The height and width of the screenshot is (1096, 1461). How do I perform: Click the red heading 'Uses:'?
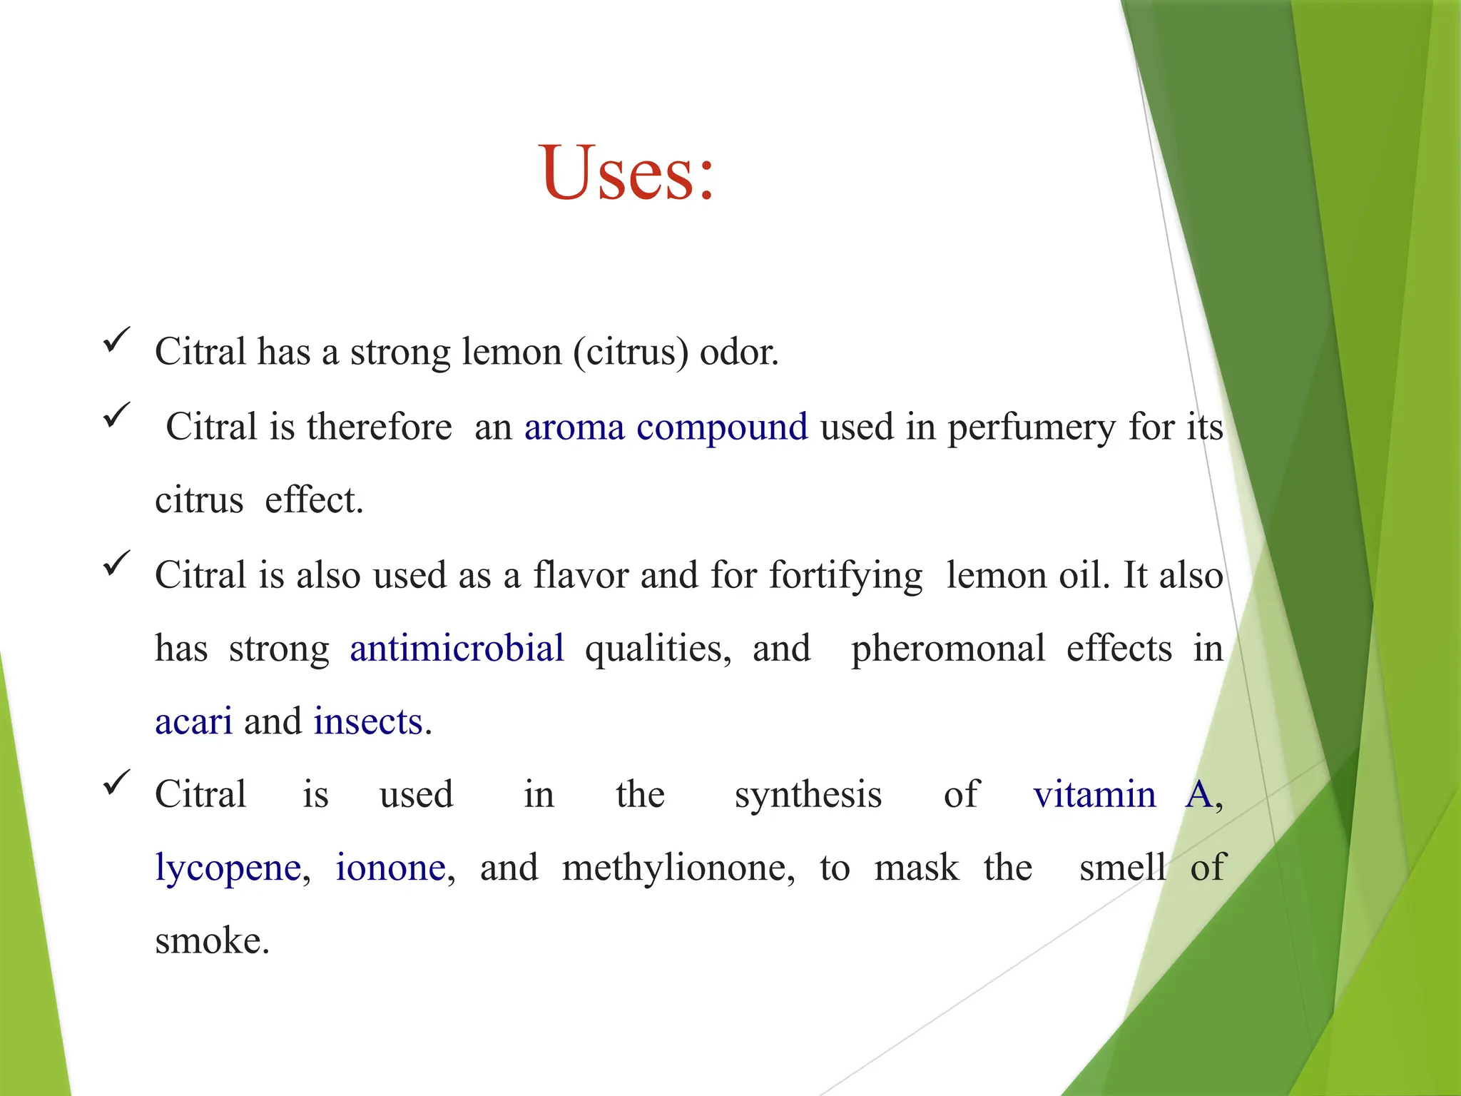(x=626, y=173)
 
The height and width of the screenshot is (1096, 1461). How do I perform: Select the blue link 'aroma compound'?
(x=666, y=427)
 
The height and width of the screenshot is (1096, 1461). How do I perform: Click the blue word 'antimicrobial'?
(x=457, y=648)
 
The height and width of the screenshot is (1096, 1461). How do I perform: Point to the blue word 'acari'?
(x=193, y=721)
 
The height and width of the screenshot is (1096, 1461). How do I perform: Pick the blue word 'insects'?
(x=368, y=721)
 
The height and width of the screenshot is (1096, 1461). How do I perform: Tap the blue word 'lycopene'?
(x=228, y=868)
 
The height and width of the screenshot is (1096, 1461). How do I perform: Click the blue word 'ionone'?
(x=391, y=868)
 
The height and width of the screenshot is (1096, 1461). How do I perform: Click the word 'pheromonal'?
(x=948, y=649)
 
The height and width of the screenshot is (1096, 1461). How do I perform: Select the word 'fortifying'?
(x=845, y=576)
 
